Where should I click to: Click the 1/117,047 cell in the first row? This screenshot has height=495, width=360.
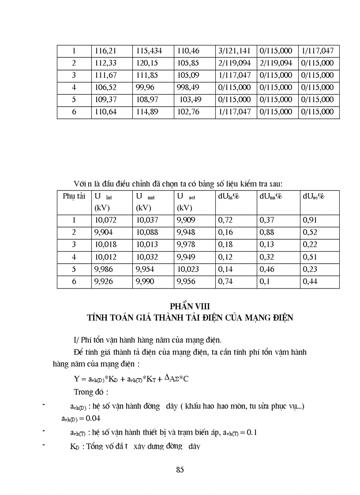click(318, 51)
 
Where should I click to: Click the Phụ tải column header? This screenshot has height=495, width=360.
click(74, 197)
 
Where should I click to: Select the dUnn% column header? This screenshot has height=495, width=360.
click(270, 197)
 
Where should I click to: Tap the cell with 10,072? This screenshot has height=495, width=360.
click(106, 220)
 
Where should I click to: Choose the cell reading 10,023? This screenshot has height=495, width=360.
click(188, 269)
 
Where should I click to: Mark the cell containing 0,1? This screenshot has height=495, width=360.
click(264, 281)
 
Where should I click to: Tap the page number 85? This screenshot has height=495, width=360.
click(180, 469)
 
